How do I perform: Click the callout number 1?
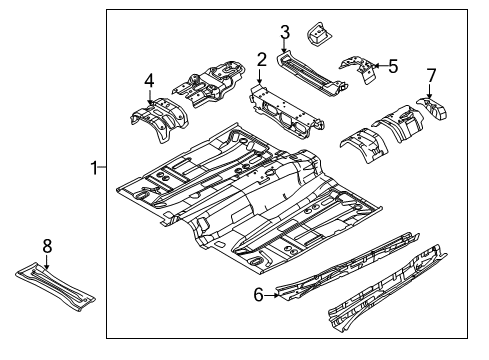[94, 168]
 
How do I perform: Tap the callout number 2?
[262, 60]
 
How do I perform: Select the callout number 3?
[285, 33]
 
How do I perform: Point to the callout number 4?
[149, 81]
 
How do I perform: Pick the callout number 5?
[393, 66]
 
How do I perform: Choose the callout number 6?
[258, 295]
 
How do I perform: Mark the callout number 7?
[431, 76]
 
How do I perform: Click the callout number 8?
[47, 246]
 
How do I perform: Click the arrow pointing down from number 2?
[260, 76]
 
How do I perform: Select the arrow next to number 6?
[272, 295]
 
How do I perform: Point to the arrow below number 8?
[47, 262]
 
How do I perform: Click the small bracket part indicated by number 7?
[432, 108]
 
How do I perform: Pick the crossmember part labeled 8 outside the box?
[55, 287]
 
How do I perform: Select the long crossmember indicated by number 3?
[312, 74]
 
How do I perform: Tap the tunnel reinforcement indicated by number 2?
[287, 111]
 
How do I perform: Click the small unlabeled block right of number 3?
[318, 34]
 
